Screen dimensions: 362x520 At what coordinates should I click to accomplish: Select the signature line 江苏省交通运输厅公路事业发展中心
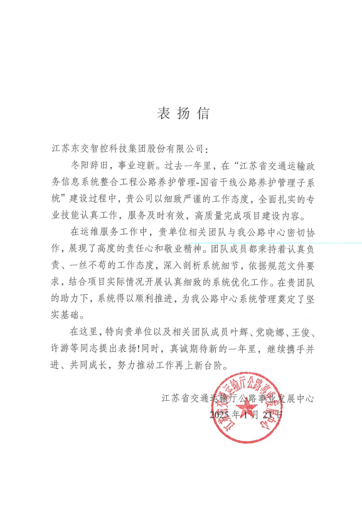(237, 398)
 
